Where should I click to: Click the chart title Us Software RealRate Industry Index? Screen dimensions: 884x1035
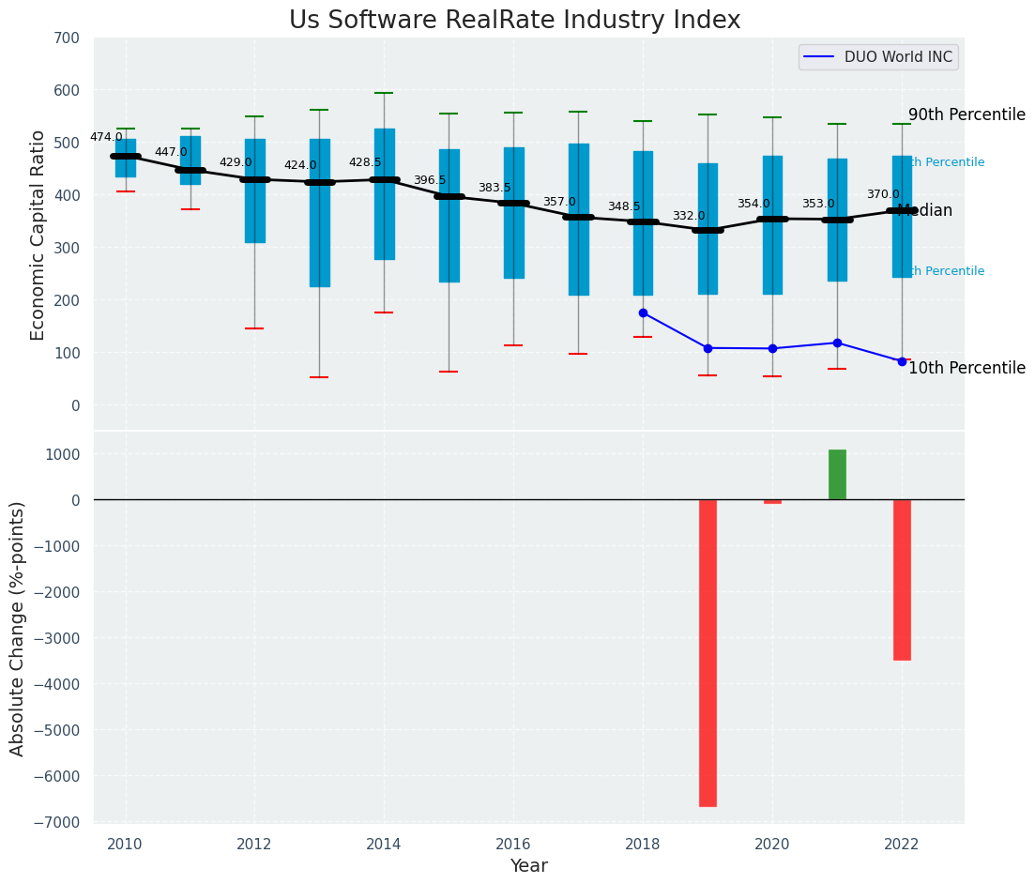coord(514,21)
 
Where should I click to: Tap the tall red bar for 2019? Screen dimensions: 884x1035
coord(708,652)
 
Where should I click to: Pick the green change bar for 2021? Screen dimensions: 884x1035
coord(837,475)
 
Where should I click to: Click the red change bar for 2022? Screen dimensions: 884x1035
coord(902,579)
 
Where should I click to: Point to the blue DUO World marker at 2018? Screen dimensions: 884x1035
coord(643,312)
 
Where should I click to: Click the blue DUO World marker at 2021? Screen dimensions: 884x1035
coord(837,343)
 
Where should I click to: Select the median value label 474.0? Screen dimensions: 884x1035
coord(106,137)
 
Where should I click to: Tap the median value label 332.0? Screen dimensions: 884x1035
coord(689,216)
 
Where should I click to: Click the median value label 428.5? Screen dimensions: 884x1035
coord(365,162)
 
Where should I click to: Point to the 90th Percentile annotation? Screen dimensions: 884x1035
coord(967,114)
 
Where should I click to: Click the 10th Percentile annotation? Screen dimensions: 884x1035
coord(967,368)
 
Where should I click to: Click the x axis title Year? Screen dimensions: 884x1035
coord(528,866)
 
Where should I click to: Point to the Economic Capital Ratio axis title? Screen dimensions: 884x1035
coord(38,235)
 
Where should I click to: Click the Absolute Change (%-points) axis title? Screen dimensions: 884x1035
coord(18,628)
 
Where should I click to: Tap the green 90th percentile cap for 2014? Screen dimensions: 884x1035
coord(384,93)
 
